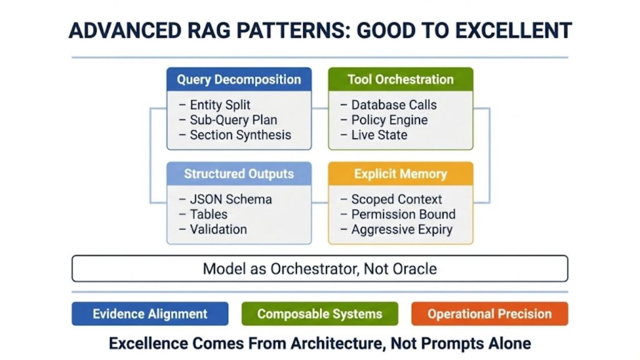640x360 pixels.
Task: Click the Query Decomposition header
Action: [239, 79]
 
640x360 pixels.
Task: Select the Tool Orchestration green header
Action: [401, 79]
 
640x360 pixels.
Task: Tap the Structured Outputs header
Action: [239, 174]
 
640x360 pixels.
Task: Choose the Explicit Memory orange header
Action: [401, 174]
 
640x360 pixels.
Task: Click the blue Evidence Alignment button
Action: [150, 314]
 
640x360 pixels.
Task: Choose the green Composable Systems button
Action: [319, 314]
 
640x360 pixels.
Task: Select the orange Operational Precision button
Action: [489, 314]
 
